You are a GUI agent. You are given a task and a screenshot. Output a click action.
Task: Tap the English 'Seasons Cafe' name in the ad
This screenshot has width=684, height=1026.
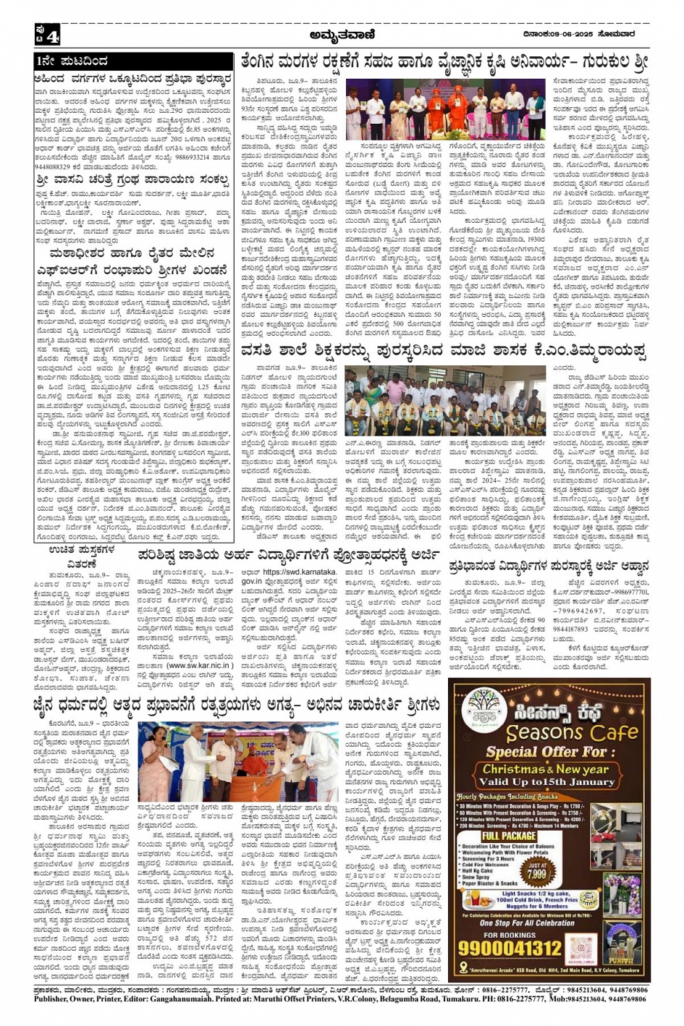tap(573, 732)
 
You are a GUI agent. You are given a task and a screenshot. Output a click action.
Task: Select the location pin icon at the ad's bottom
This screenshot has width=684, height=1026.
tap(463, 970)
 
